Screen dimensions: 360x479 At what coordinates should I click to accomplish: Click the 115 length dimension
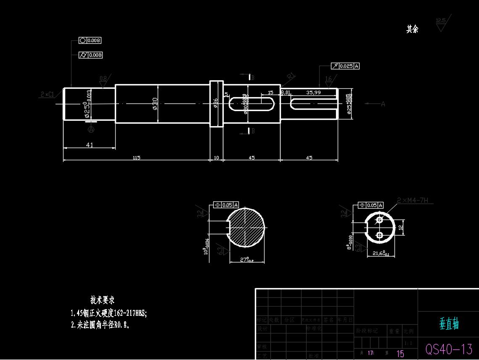tap(136, 158)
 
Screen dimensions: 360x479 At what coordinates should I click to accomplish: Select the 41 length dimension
tap(90, 145)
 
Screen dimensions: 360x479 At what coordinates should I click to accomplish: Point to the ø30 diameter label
tap(155, 103)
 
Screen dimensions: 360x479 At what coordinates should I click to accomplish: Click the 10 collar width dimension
tap(217, 158)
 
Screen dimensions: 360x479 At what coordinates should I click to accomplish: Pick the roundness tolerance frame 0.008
tap(90, 40)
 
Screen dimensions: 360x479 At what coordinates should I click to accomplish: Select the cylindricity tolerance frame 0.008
tap(90, 55)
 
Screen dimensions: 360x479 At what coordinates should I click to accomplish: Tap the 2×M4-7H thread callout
tap(413, 201)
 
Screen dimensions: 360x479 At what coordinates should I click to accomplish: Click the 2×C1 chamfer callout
tap(48, 95)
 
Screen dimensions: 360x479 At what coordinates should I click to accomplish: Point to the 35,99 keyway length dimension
tap(313, 92)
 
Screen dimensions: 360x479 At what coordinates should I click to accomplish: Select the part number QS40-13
tap(449, 349)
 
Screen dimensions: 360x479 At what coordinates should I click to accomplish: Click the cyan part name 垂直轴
tap(449, 324)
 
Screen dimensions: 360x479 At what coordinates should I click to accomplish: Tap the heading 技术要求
tap(102, 300)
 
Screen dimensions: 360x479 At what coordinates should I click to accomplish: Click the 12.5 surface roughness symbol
tap(441, 23)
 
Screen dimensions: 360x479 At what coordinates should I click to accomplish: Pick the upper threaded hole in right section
tap(379, 220)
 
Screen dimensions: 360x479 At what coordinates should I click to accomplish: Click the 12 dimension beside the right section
tap(401, 227)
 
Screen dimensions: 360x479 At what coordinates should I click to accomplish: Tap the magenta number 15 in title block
tap(400, 354)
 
